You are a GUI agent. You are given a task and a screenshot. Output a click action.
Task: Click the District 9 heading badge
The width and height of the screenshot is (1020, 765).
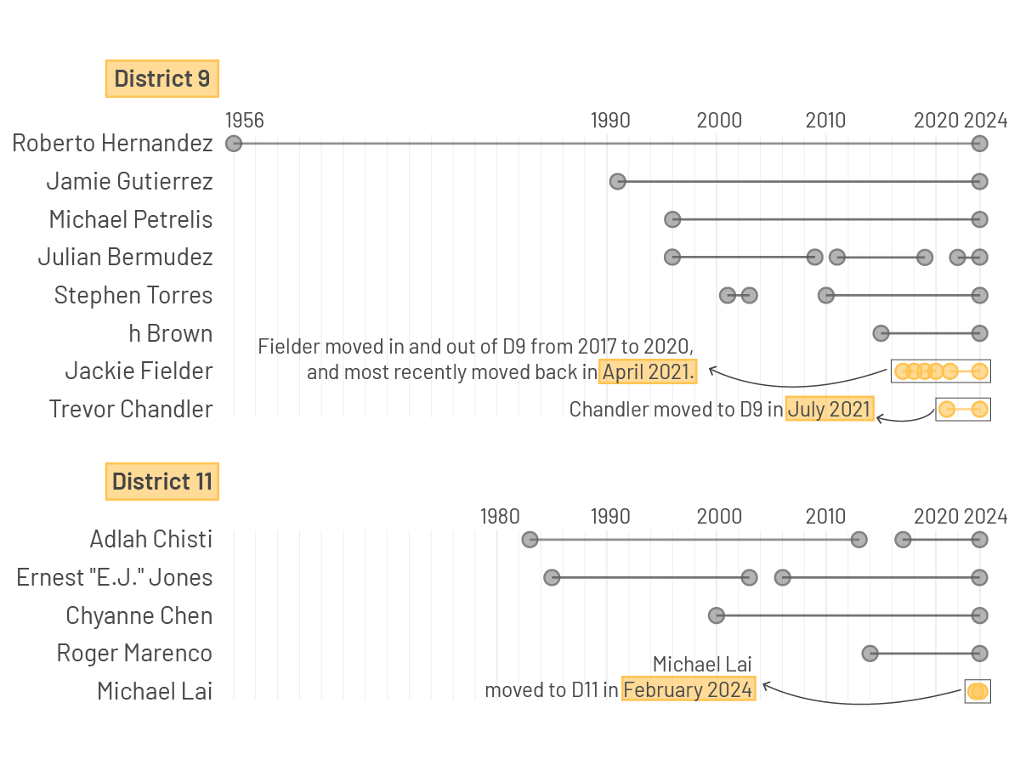pos(162,79)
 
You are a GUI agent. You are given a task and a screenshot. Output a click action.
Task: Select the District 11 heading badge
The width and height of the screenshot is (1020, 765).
pos(162,482)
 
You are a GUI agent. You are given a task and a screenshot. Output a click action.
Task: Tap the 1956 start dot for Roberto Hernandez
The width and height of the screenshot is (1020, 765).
pos(234,144)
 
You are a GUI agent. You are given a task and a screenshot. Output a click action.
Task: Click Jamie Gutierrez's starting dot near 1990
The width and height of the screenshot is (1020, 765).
pos(618,181)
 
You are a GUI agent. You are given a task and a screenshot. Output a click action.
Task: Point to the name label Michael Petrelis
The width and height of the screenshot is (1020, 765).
pos(131,219)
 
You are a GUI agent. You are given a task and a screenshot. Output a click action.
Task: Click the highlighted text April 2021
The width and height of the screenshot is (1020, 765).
pos(649,371)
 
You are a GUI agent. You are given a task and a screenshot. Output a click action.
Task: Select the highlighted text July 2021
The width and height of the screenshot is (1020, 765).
pos(830,410)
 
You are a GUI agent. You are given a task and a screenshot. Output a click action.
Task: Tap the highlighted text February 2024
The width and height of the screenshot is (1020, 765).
pos(688,689)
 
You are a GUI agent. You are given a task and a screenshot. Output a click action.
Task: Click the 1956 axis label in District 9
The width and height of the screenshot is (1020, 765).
pos(245,120)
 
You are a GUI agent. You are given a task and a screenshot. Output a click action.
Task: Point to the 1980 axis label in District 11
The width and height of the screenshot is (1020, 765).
pos(500,516)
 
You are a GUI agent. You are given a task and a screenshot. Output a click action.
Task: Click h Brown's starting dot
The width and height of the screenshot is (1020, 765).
pos(881,333)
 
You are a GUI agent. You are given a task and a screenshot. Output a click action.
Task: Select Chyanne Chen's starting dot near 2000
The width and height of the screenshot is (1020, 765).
pos(717,615)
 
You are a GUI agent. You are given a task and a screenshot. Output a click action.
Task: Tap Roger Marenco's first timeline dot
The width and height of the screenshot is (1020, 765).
pos(870,654)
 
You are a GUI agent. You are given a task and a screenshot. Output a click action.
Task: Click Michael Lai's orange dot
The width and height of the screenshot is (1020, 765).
pos(977,692)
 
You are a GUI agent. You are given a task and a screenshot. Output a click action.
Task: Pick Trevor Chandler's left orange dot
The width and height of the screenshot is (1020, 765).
pos(947,410)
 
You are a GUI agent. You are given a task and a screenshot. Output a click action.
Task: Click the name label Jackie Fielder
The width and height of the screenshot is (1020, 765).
pos(139,371)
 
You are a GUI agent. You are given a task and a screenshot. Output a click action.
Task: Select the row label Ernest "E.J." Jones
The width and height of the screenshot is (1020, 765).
pos(115,578)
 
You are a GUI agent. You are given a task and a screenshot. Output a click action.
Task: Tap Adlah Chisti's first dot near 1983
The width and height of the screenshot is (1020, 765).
pos(530,540)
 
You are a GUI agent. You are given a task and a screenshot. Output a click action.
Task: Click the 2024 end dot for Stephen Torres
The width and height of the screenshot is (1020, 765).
pos(980,295)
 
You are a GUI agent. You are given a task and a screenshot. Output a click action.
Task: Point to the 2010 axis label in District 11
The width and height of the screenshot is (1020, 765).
pos(826,516)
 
